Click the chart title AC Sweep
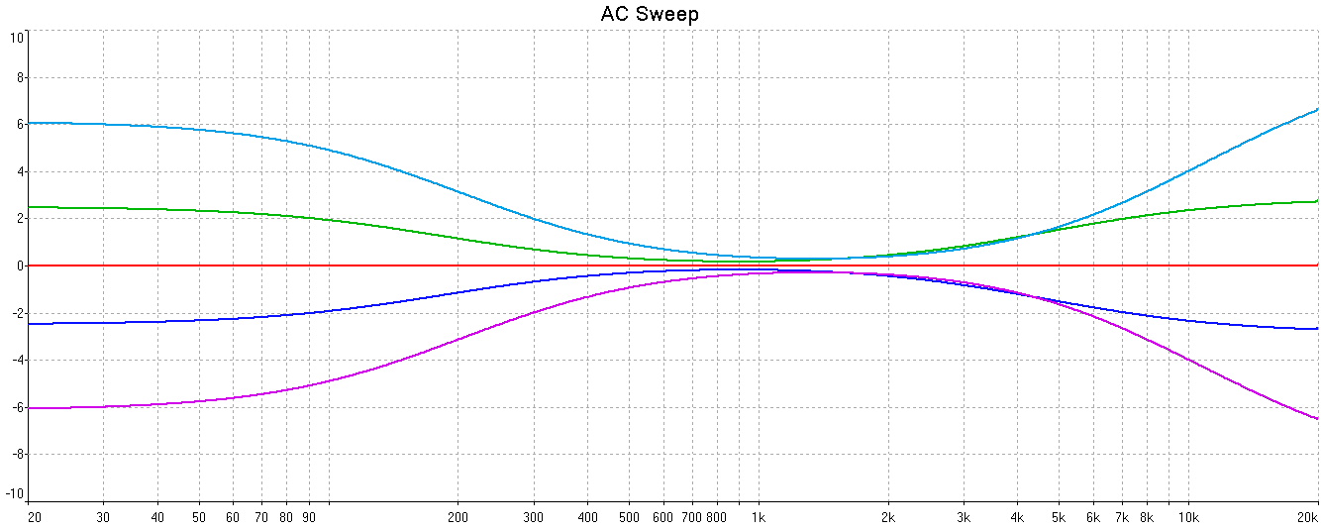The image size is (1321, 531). [x=650, y=14]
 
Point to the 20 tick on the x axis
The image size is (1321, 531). [x=34, y=517]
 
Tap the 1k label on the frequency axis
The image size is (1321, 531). [x=759, y=517]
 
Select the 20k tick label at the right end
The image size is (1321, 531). [x=1308, y=517]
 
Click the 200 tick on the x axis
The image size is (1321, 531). [x=457, y=517]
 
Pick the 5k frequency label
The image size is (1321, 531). [x=1058, y=517]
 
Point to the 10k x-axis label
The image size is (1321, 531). [x=1188, y=517]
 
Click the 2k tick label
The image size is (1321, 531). [x=888, y=517]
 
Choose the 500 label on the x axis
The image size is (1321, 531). [x=629, y=517]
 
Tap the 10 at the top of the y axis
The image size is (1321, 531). [x=17, y=38]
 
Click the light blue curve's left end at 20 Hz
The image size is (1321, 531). [x=31, y=123]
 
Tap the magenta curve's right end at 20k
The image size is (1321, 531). [x=1317, y=418]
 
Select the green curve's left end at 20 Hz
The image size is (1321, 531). [x=31, y=207]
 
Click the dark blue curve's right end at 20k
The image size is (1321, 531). [x=1317, y=328]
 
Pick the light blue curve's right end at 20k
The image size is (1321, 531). [x=1317, y=109]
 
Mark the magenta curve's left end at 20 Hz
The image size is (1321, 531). [x=31, y=408]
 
